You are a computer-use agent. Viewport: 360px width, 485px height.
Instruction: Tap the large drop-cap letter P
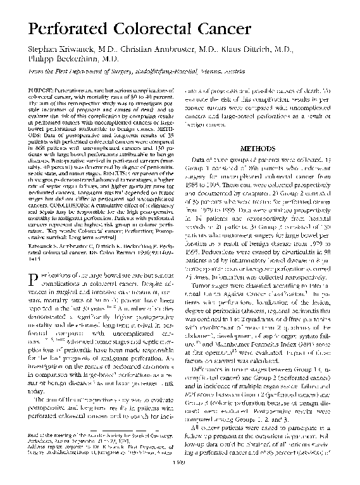30,265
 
